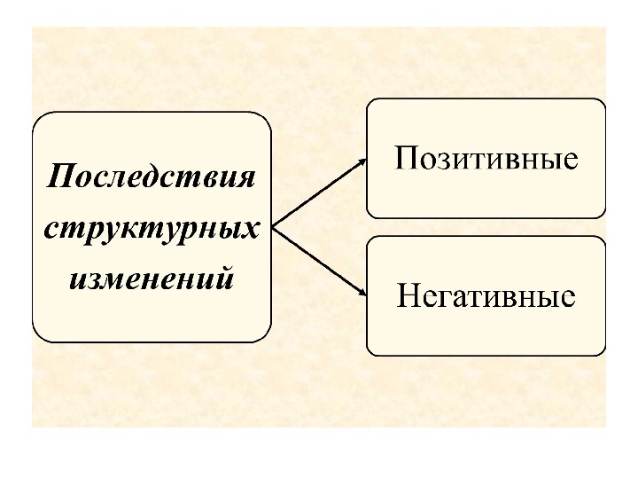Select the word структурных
[x=152, y=228]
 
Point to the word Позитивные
[x=486, y=160]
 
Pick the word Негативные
[x=486, y=295]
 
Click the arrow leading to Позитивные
[x=319, y=192]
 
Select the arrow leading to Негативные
[x=319, y=260]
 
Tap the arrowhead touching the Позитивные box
[x=362, y=161]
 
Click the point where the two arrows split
[x=274, y=225]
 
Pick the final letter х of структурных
[x=251, y=229]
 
